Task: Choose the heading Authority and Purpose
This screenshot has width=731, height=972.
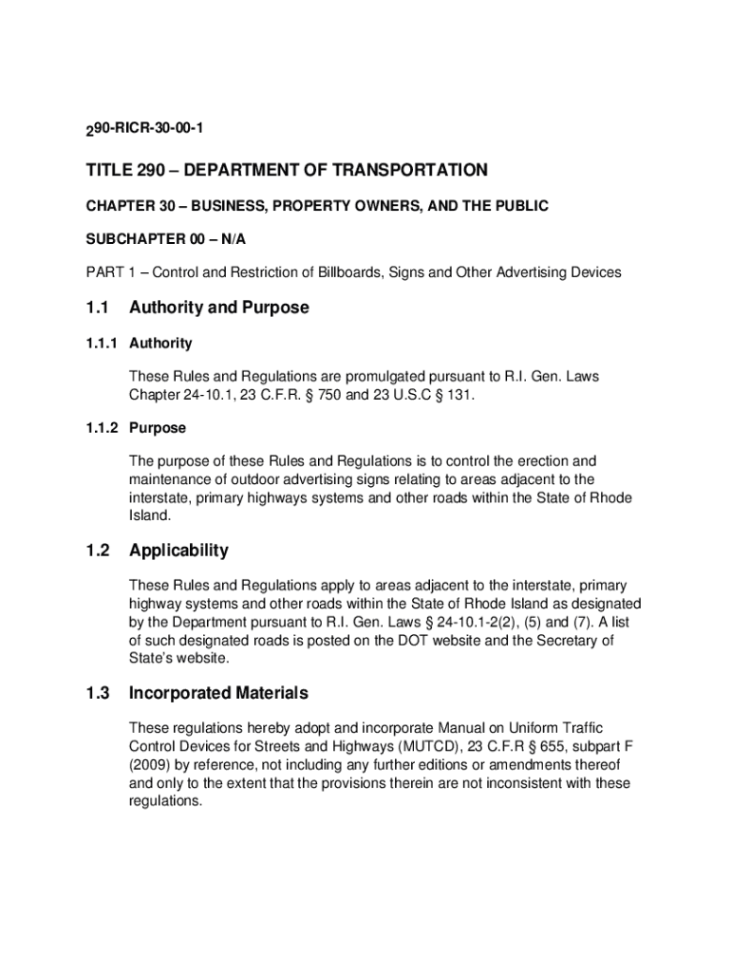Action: pos(219,308)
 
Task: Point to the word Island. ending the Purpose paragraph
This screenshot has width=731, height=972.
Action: pos(150,516)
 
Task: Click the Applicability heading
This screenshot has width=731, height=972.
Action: pos(179,551)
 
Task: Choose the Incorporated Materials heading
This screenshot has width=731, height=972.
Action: pos(218,693)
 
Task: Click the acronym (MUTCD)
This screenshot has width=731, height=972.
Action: pos(409,746)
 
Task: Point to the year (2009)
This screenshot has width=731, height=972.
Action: pos(149,765)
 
